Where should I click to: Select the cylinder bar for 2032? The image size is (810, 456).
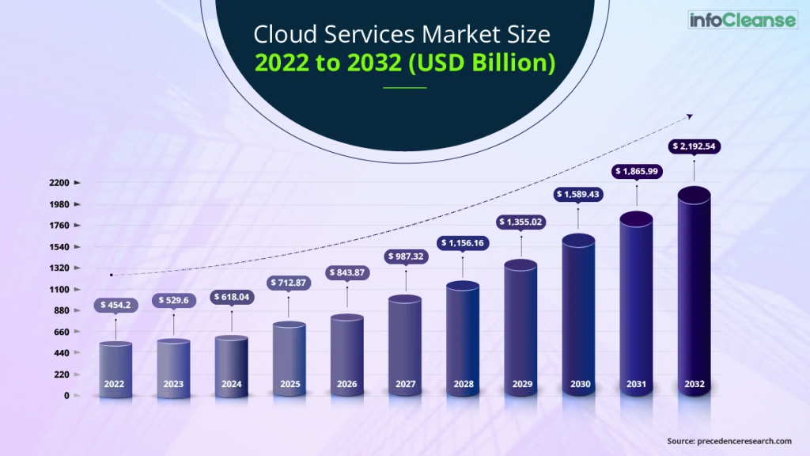(694, 293)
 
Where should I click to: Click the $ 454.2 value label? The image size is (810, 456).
(115, 305)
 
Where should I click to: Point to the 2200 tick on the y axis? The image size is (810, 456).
(60, 182)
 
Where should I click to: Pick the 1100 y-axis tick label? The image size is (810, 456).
(60, 289)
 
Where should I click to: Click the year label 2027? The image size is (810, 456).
(406, 384)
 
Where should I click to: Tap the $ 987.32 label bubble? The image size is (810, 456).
(406, 256)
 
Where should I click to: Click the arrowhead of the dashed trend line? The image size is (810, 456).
(689, 116)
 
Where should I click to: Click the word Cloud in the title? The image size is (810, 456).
(279, 35)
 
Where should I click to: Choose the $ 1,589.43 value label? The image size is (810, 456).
(580, 194)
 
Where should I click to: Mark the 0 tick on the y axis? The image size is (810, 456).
(67, 395)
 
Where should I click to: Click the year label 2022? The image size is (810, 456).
(115, 384)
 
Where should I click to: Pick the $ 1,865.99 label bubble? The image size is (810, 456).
(637, 171)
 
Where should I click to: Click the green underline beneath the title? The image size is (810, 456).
(404, 87)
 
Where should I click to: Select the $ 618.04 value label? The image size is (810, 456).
(231, 297)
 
